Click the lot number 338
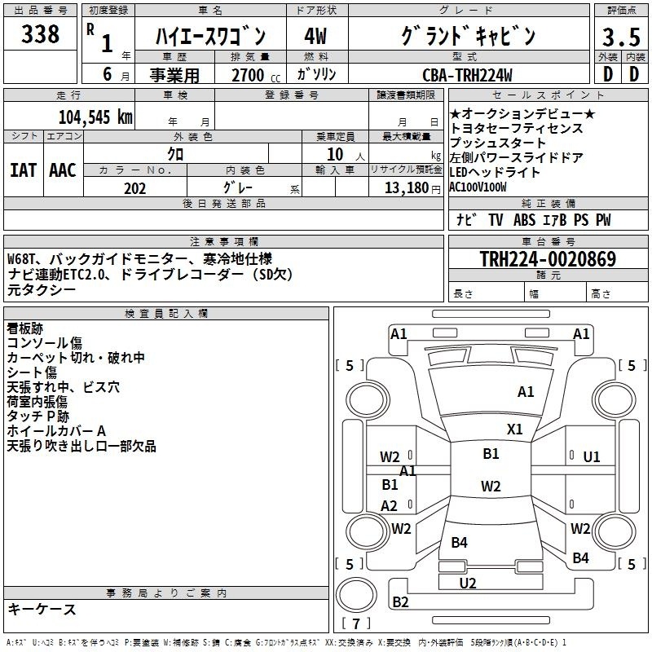[40, 34]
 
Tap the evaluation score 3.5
[621, 37]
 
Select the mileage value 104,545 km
[95, 117]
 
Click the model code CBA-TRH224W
[467, 75]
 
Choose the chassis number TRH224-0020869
[548, 258]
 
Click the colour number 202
[134, 188]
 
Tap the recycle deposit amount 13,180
[407, 188]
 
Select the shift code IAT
[23, 170]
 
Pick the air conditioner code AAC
[63, 170]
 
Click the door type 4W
[315, 37]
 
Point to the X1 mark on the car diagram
[515, 430]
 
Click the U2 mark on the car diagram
[468, 584]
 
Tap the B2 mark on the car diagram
[400, 601]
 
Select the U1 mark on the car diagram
[592, 457]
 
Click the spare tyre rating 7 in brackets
[356, 623]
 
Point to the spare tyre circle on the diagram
[356, 596]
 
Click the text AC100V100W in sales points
[478, 187]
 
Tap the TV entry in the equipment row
[496, 219]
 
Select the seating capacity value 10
[335, 155]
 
